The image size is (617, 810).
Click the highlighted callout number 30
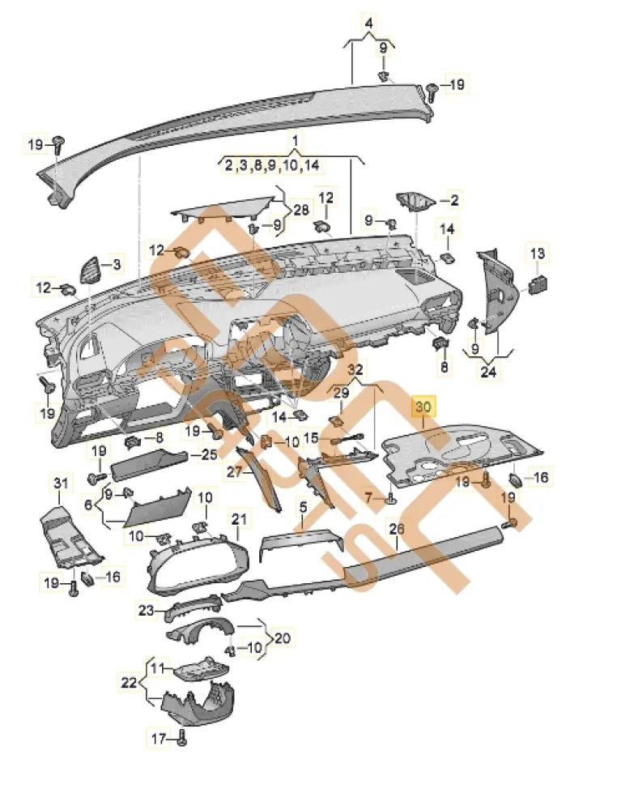coord(424,406)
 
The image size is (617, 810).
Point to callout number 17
coord(159,738)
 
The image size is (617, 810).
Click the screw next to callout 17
coord(181,739)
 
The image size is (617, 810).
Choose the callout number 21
coord(238,518)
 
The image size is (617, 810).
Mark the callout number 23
coord(145,611)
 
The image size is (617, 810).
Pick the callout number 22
coord(130,683)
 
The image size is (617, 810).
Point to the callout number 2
coord(453,199)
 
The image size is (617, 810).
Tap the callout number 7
coord(368,496)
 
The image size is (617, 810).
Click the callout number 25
coord(208,455)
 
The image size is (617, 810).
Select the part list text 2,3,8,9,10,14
coord(272,165)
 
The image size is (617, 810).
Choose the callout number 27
coord(233,471)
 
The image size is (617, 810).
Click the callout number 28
coord(300,210)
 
